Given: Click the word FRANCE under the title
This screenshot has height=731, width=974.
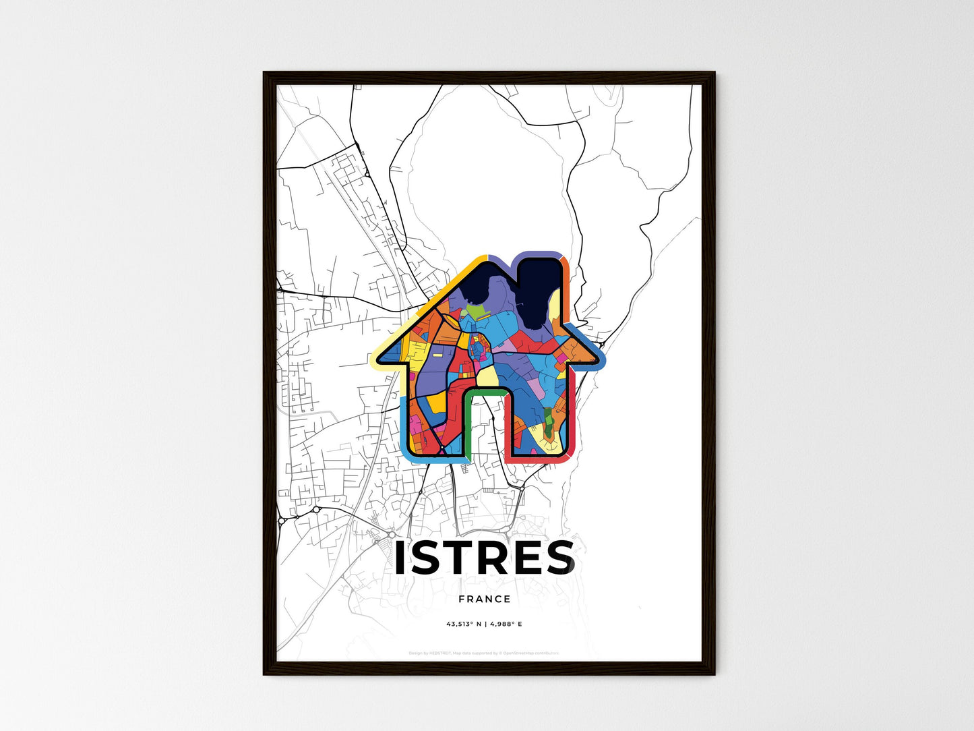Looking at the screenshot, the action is point(484,599).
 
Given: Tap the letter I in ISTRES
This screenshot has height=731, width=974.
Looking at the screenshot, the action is point(400,558).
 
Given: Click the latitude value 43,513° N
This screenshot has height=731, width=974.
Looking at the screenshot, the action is point(462,624).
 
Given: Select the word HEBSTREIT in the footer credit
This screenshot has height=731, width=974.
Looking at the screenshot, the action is point(439,653).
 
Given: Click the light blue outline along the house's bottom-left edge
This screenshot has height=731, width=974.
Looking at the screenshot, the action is point(404,432).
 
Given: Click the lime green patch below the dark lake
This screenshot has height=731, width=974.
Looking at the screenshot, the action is point(476,313).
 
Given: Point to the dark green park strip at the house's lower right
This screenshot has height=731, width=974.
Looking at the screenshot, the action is point(549,425).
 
